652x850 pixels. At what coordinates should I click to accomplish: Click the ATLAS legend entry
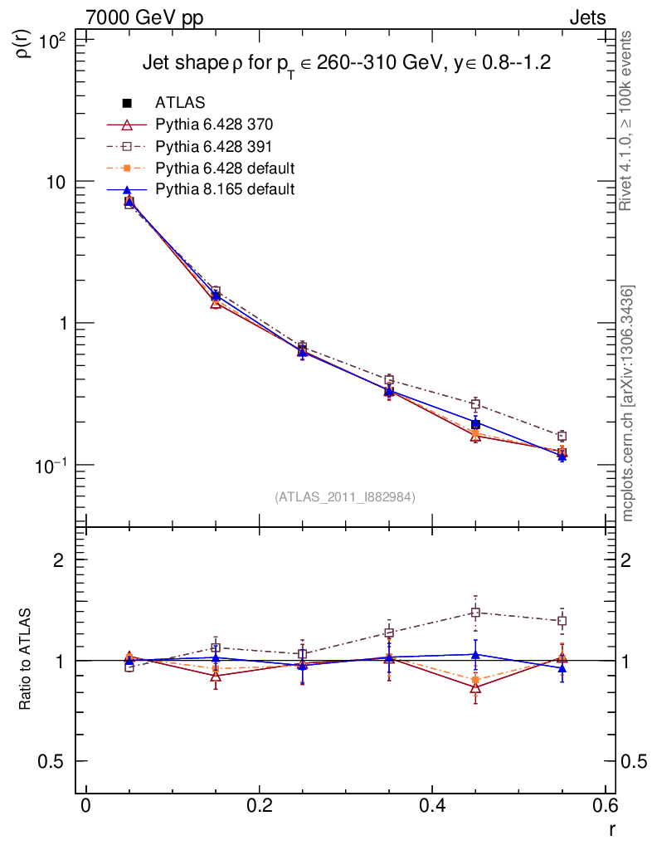pyautogui.click(x=181, y=103)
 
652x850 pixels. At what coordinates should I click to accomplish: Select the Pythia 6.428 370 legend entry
pyautogui.click(x=214, y=125)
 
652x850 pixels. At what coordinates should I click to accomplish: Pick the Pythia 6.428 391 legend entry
pyautogui.click(x=214, y=146)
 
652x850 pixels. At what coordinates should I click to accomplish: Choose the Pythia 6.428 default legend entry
pyautogui.click(x=225, y=168)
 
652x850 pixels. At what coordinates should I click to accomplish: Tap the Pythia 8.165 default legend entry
pyautogui.click(x=225, y=189)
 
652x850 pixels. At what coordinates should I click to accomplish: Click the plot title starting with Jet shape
pyautogui.click(x=347, y=63)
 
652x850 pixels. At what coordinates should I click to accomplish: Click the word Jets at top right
pyautogui.click(x=586, y=17)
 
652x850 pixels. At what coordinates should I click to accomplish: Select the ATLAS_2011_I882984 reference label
pyautogui.click(x=345, y=496)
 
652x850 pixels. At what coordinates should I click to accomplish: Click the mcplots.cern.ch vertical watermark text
pyautogui.click(x=628, y=403)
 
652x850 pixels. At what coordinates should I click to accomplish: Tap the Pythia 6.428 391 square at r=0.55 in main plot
pyautogui.click(x=562, y=436)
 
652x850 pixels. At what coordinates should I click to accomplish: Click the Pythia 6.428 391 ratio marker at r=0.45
pyautogui.click(x=475, y=613)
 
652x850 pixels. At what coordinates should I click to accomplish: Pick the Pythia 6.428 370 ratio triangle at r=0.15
pyautogui.click(x=216, y=676)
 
